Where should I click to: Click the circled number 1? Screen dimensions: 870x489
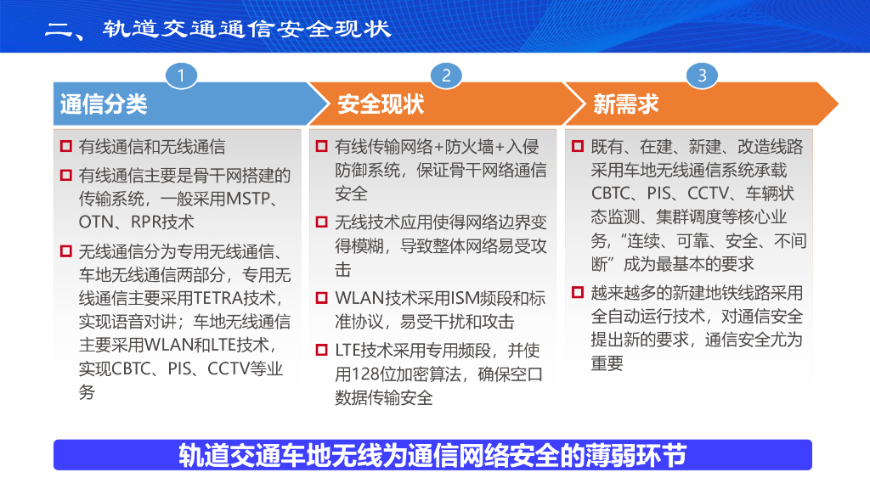(x=181, y=76)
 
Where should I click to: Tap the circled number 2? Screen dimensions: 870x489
(x=446, y=76)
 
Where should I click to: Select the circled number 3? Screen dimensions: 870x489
(x=702, y=76)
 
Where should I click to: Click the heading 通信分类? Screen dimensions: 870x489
(x=104, y=104)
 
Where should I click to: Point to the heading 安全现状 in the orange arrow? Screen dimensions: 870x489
(x=381, y=104)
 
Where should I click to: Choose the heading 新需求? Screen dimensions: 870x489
(x=626, y=104)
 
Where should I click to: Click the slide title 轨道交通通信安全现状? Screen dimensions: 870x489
(x=247, y=29)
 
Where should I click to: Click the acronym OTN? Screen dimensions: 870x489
(x=96, y=222)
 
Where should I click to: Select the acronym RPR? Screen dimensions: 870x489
(x=146, y=222)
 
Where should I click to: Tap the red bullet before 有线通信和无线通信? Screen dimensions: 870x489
(x=66, y=146)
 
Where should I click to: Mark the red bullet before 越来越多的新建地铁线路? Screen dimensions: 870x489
(x=578, y=292)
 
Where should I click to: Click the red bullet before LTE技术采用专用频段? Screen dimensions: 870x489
(x=321, y=350)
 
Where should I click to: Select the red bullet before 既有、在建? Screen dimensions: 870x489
(x=578, y=146)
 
